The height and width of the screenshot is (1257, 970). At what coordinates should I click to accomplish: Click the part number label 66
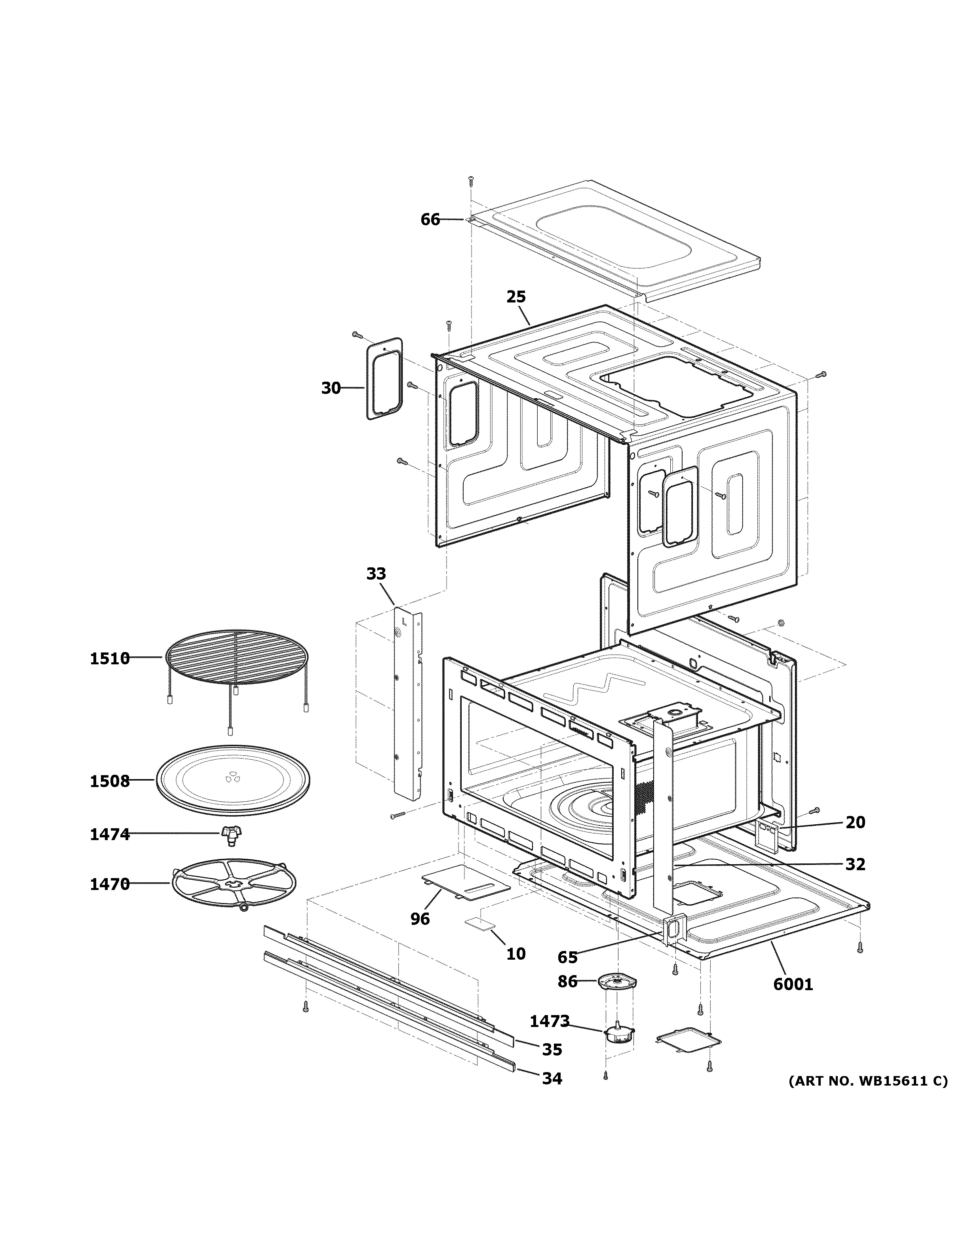point(430,219)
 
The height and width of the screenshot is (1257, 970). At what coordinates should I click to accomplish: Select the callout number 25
point(516,297)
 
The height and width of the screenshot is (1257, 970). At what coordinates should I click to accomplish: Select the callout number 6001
point(793,984)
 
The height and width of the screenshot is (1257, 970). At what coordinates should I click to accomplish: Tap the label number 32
point(855,880)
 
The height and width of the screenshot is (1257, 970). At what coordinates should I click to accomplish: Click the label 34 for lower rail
point(552,1078)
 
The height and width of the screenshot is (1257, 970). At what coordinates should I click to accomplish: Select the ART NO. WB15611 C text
point(867,1082)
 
